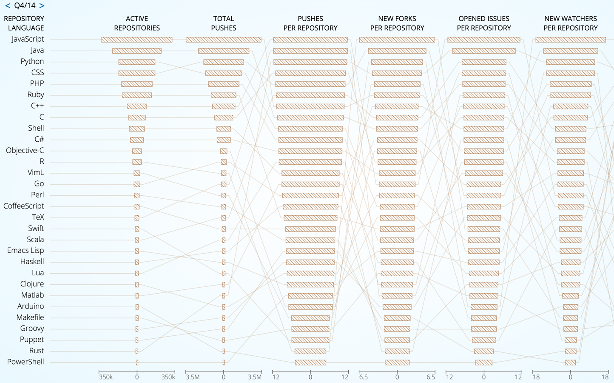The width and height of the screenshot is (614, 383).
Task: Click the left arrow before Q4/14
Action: coord(7,6)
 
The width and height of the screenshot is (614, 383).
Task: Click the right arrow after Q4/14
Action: coord(42,6)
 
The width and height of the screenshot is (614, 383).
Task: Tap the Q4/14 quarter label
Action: coord(25,6)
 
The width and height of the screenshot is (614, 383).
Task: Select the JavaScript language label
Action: coord(28,39)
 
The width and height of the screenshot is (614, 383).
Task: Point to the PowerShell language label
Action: coord(26,362)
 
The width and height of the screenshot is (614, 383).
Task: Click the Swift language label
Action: coord(36,229)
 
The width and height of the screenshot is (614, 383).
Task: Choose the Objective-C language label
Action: coord(25,151)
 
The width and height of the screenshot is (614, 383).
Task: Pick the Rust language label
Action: coord(37,351)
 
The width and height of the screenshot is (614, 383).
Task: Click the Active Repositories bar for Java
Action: coord(137,51)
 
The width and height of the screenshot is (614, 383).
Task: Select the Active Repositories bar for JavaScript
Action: coord(137,40)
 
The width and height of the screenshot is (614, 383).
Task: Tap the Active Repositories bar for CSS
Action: coord(137,73)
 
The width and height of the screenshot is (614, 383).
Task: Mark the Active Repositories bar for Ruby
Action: coord(137,95)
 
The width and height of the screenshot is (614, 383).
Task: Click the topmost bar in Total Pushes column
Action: coord(224,40)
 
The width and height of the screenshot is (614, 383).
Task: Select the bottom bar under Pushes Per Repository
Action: coord(310,363)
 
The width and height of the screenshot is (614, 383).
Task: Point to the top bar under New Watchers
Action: coord(571,40)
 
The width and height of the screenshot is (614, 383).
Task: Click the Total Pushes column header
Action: coord(224,23)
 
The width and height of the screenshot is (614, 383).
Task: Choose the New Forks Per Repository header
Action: coord(397,23)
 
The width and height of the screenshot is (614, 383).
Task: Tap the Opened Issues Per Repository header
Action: coord(484,23)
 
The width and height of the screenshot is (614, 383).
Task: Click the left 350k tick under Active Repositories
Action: coord(106,377)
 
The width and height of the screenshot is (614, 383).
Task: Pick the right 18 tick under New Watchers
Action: coord(605,377)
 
